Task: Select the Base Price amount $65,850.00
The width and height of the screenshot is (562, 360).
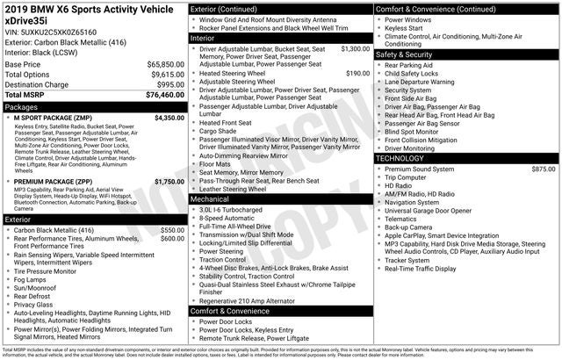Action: (164, 65)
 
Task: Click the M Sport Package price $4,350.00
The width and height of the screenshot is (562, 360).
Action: (169, 117)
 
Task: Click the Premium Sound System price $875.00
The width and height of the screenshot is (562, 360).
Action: (543, 169)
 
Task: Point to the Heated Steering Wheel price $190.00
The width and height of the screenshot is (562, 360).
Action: (357, 74)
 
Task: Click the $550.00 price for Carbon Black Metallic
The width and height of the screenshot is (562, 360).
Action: (172, 230)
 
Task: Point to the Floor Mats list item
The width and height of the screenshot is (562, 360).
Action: (217, 164)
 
